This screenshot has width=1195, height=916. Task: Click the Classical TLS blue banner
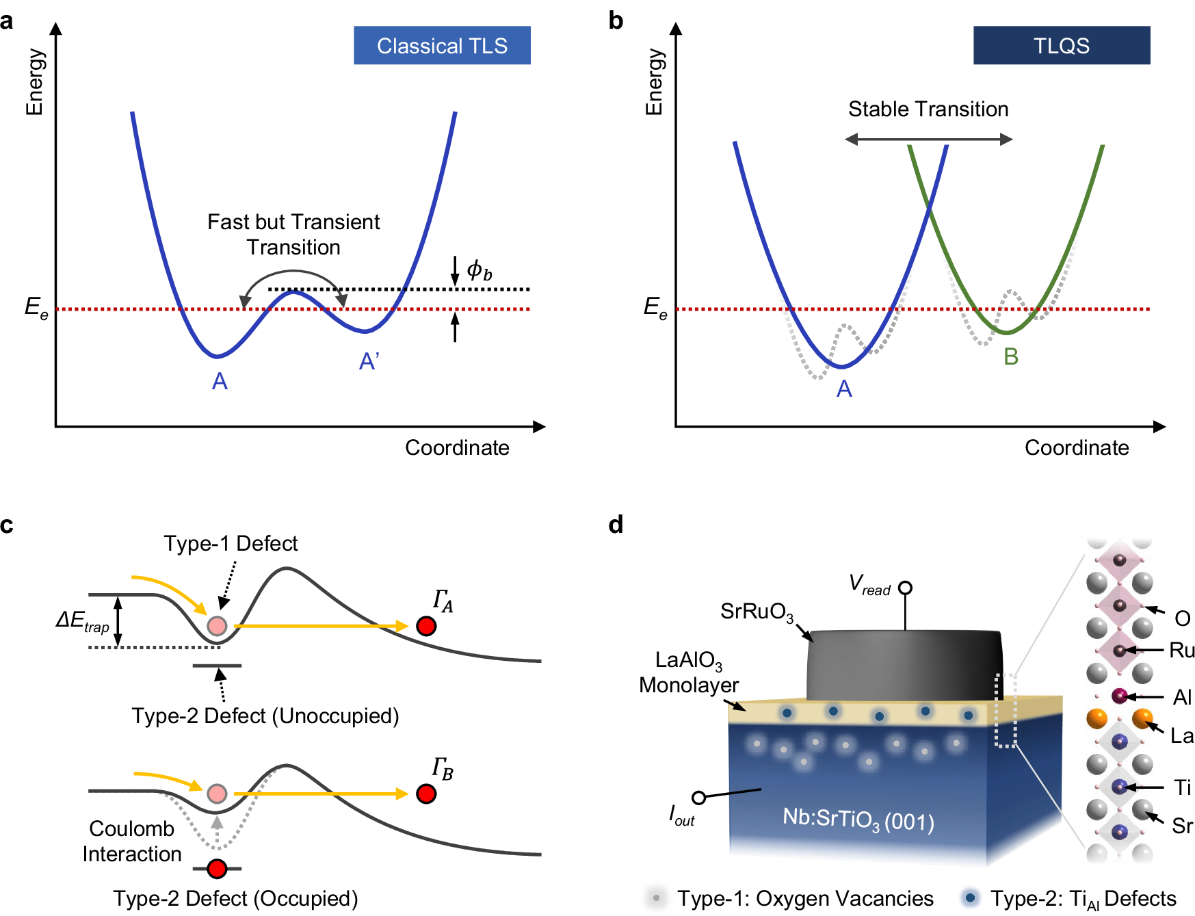click(442, 46)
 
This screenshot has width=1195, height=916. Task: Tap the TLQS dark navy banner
click(1061, 46)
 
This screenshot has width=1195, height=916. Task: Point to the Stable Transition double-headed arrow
click(928, 140)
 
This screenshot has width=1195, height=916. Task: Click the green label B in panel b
click(1011, 356)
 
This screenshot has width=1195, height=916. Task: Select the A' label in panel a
click(369, 361)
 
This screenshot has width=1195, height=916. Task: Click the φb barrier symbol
click(479, 271)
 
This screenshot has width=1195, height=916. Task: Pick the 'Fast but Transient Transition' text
click(293, 234)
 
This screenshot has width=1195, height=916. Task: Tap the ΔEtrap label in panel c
click(83, 621)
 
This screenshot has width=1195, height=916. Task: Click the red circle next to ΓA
click(426, 626)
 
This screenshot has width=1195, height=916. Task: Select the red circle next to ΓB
click(426, 794)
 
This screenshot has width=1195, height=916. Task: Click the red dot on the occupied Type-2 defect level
click(217, 869)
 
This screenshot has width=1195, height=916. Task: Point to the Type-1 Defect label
click(231, 544)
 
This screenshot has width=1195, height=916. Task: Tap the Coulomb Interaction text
click(132, 841)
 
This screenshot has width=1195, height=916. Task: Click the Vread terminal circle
click(905, 588)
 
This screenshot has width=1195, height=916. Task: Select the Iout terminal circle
click(698, 798)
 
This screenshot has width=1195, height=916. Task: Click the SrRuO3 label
click(757, 612)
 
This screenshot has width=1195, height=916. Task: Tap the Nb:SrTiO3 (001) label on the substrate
click(858, 819)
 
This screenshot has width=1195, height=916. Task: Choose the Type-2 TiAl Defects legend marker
click(970, 898)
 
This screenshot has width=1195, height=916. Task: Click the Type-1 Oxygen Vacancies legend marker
click(656, 898)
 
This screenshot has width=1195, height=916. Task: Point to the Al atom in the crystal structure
click(1119, 696)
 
